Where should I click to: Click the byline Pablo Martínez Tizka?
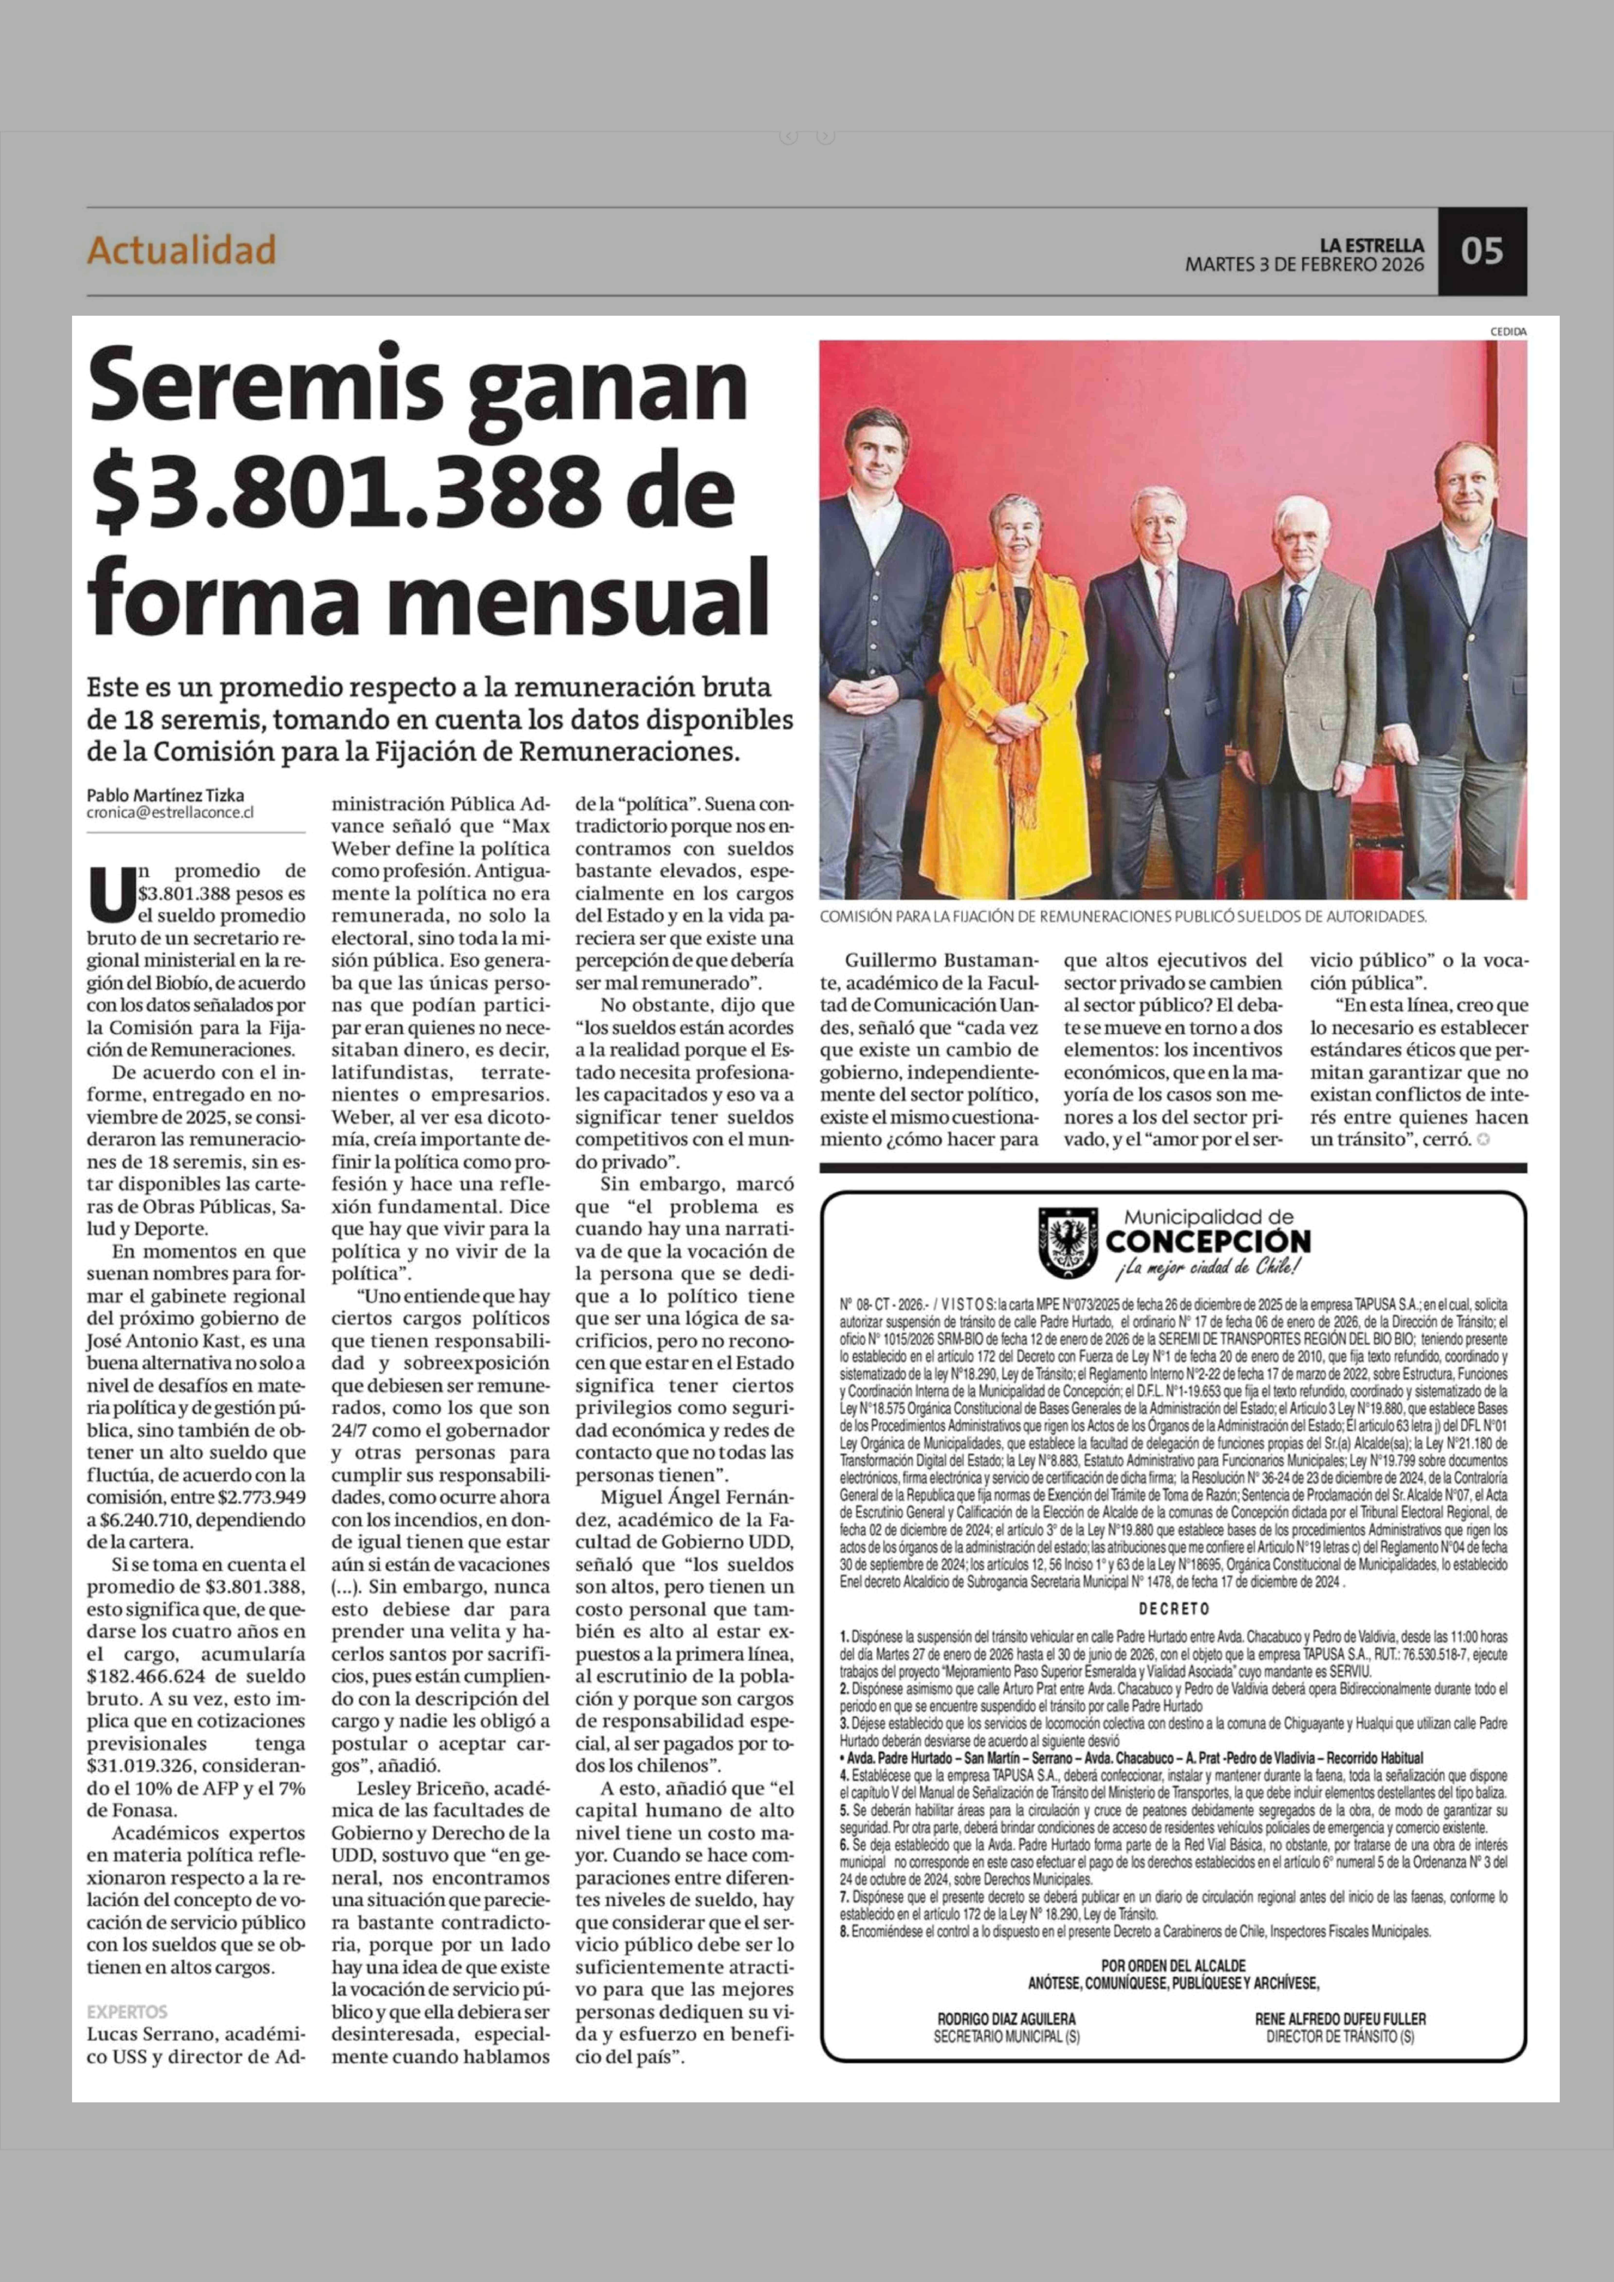(165, 795)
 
